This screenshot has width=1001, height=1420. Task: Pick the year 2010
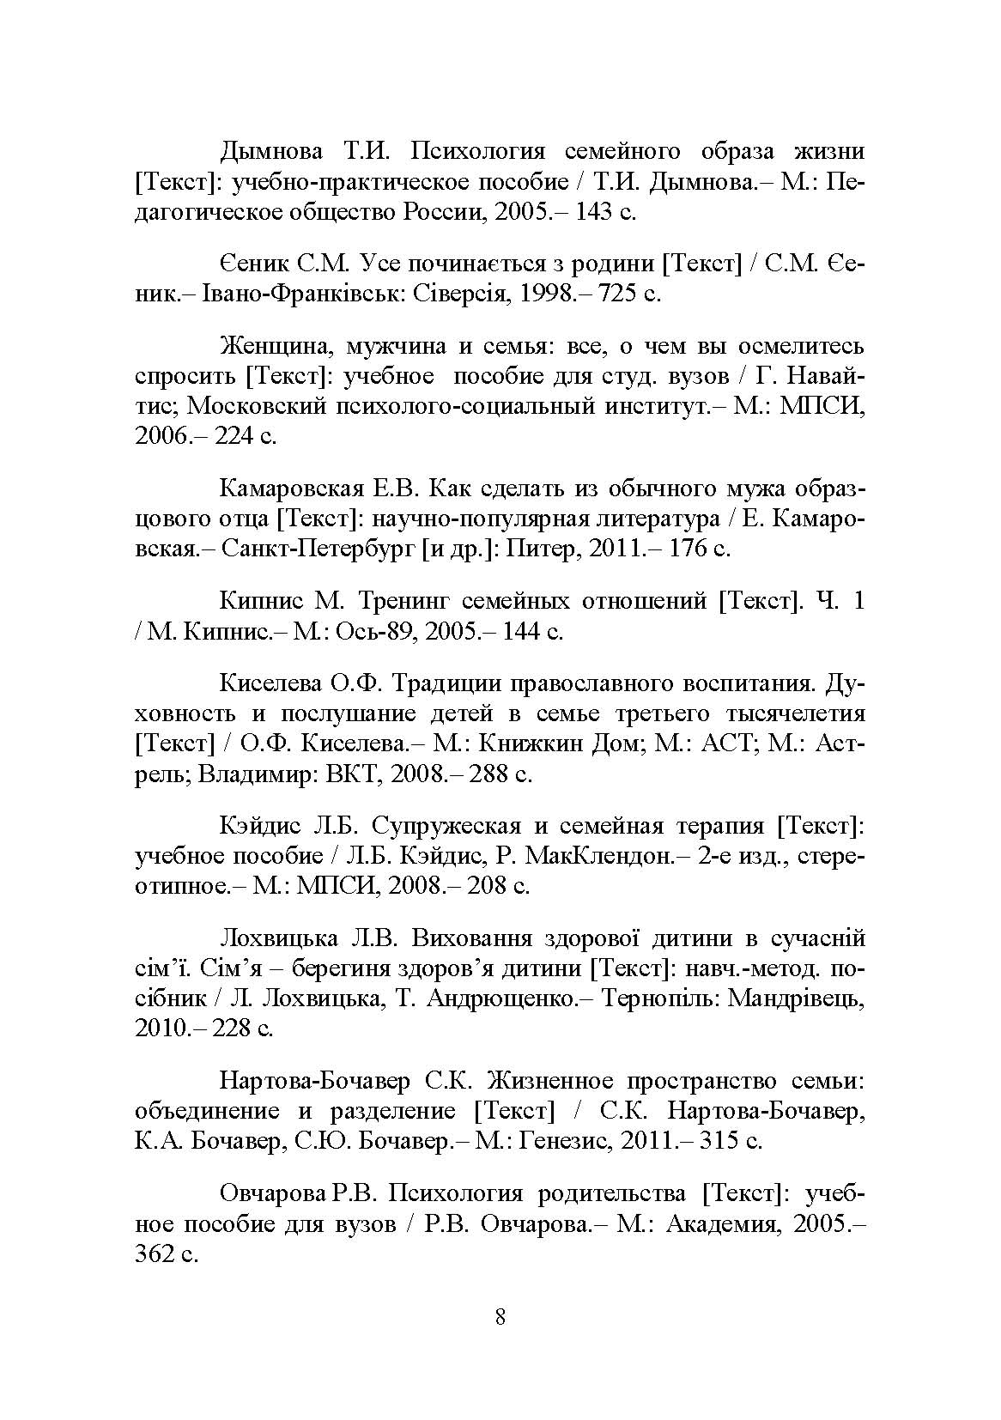(x=161, y=1028)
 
